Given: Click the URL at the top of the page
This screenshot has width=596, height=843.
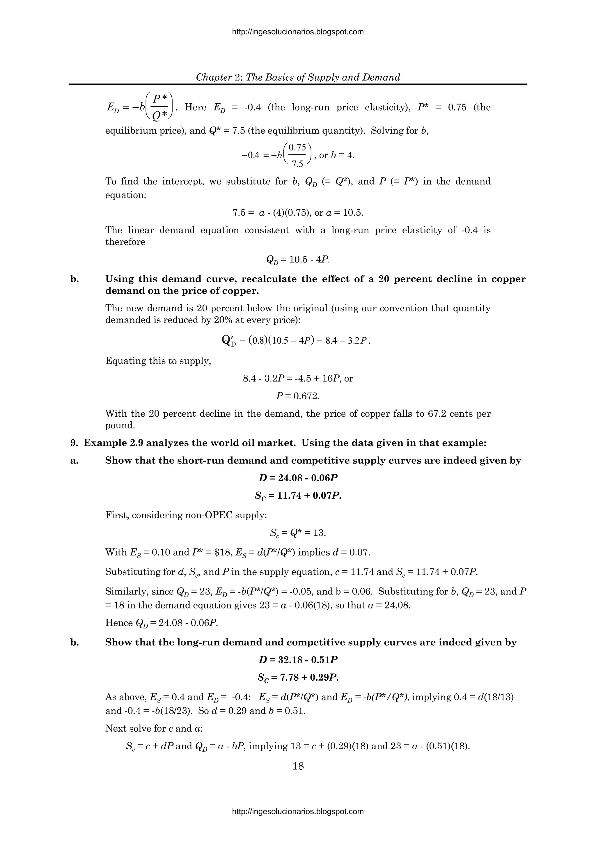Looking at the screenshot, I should [298, 32].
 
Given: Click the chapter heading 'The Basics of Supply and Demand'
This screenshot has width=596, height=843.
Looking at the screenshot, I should [323, 77].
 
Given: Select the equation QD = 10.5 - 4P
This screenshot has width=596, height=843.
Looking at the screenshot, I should [298, 260].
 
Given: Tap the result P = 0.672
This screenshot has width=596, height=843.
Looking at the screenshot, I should [298, 396].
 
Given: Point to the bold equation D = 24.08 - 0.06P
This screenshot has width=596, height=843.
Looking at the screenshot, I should [298, 478].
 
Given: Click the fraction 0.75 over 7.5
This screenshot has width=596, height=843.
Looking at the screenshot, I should [297, 155].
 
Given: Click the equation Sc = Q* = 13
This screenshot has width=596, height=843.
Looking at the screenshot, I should [298, 533].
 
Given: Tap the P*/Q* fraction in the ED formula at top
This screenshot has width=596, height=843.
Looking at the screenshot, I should [160, 107].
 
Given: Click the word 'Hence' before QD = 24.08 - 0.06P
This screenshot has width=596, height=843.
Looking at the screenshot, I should [119, 623].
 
